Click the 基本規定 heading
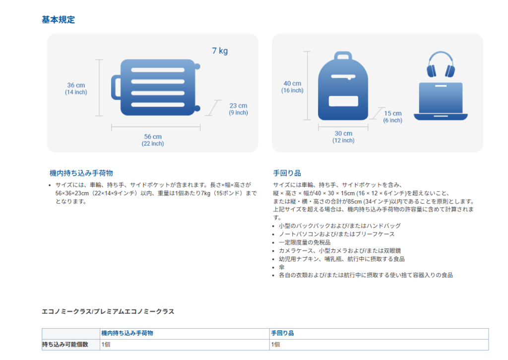point(59,20)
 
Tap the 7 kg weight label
point(220,51)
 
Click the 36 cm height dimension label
point(76,85)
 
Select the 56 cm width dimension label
point(153,137)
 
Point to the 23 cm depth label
point(238,106)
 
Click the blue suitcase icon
point(158,88)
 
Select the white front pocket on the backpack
point(343,101)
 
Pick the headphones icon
point(441,66)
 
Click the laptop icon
point(441,102)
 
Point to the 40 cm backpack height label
point(293,83)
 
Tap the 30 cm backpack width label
point(343,134)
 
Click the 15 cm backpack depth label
point(393,114)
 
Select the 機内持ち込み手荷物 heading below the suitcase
point(81,173)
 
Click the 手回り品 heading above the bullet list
point(287,173)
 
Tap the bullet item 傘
point(282,267)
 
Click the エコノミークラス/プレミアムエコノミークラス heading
point(108,311)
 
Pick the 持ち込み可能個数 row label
point(65,344)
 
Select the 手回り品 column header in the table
point(282,333)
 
